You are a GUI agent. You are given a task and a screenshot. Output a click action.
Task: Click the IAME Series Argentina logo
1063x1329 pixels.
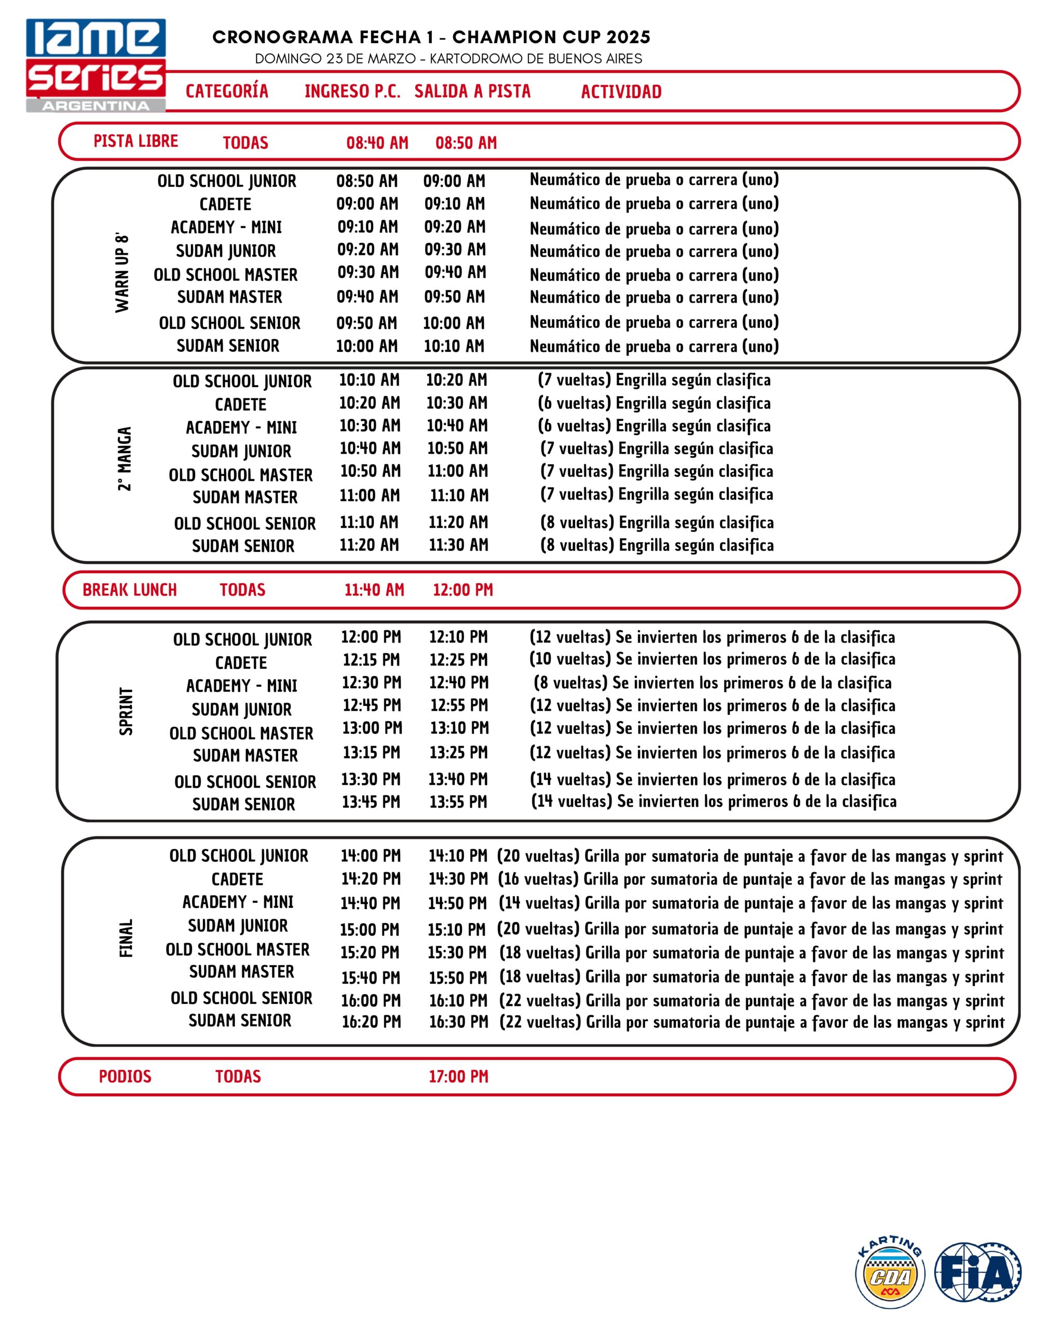tap(96, 65)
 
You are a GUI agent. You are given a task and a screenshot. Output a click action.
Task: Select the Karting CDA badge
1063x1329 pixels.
tap(890, 1272)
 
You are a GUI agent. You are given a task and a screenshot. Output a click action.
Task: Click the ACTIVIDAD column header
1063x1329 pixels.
tap(621, 92)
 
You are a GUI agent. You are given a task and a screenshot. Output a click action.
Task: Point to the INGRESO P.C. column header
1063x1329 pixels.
tap(352, 91)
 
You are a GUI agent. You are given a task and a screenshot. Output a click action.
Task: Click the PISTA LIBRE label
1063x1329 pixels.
tap(135, 141)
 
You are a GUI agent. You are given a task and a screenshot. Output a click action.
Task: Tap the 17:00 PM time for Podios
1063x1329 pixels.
tap(458, 1076)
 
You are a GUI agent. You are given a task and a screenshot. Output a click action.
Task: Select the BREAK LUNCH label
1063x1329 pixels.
tap(129, 590)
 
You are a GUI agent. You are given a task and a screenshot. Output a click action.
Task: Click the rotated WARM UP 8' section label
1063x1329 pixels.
tap(122, 273)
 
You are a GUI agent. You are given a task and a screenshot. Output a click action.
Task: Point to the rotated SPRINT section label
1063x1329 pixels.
tap(126, 711)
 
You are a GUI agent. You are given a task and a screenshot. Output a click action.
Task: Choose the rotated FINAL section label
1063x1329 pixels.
tap(126, 938)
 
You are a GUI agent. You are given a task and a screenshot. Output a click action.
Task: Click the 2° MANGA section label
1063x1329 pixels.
tap(125, 458)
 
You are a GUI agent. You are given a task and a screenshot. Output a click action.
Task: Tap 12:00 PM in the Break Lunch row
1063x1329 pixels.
tap(463, 590)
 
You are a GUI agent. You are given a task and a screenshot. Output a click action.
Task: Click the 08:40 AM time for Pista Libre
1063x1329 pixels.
tap(377, 143)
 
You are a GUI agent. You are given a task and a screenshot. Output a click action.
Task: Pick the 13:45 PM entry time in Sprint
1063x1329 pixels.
tap(371, 802)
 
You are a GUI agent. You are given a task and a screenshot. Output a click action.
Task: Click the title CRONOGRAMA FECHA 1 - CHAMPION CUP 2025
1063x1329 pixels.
tap(431, 37)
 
